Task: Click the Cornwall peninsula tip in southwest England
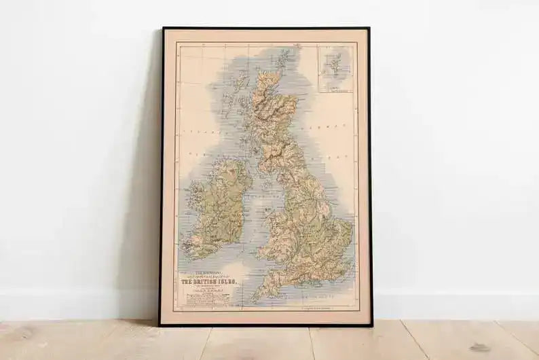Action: tap(257, 298)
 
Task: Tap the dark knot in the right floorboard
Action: tap(480, 347)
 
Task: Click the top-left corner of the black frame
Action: tap(162, 29)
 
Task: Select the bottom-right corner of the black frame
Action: tap(371, 325)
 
